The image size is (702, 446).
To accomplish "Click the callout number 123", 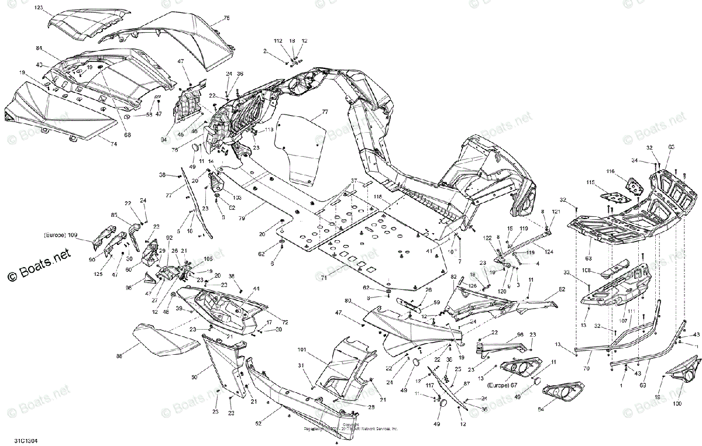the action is click(55, 8).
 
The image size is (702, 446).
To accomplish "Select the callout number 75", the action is click(227, 18).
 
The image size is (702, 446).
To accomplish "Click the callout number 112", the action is click(278, 41).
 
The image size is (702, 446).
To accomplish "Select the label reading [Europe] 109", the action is click(60, 235).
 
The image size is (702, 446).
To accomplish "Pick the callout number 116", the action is click(610, 171).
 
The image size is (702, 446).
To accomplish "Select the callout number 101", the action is click(301, 350).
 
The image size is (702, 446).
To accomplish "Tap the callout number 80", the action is click(347, 301).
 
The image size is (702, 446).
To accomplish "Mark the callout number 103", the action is click(229, 197).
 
